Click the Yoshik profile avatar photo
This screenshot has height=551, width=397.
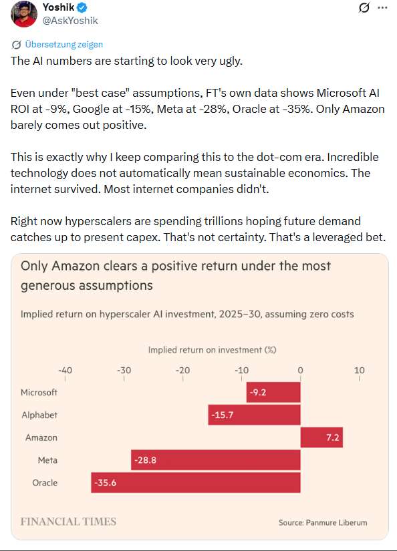[24, 14]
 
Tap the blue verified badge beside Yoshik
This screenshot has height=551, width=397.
[82, 7]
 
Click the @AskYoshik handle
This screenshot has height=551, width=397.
[70, 21]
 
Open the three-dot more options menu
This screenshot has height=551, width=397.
[382, 8]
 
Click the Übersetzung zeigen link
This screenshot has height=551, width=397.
[63, 44]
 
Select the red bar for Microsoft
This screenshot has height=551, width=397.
[273, 392]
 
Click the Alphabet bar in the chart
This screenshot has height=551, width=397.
[254, 415]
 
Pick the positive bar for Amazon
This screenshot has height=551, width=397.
[321, 437]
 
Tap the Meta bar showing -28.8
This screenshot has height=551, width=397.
[216, 460]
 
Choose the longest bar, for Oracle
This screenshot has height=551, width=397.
[196, 482]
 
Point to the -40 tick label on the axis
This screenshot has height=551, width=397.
[65, 370]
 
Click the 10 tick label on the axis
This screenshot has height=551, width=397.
[359, 370]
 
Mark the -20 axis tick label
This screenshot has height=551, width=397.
[183, 370]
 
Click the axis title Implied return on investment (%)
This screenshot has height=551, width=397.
[212, 350]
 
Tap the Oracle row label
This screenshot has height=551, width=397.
[45, 482]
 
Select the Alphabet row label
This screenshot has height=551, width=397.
[39, 415]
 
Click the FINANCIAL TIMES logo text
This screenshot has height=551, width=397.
[68, 522]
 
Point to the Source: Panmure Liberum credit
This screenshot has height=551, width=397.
[323, 522]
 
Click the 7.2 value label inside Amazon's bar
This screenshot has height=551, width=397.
[333, 437]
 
